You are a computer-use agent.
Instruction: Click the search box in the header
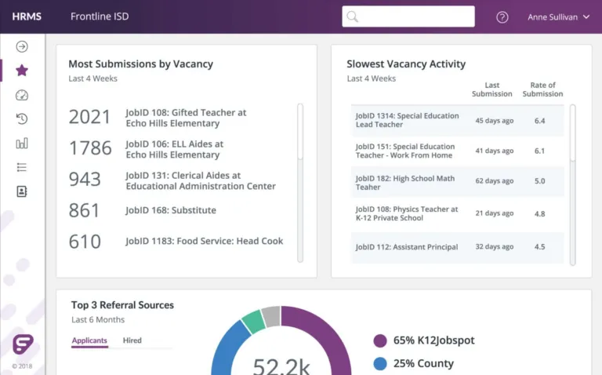408,16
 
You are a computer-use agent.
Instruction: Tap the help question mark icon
502,17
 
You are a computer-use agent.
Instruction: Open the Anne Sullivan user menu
558,17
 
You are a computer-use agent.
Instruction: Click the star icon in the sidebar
22,71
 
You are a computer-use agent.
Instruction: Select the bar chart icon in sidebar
22,143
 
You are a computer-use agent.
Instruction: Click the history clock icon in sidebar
22,119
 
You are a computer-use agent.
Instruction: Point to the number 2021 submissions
90,118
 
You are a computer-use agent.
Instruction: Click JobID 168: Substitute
171,210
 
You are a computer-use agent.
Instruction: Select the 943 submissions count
85,180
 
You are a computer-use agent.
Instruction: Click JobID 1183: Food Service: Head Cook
204,241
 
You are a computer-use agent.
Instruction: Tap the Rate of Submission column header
542,89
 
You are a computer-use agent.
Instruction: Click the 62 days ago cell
494,181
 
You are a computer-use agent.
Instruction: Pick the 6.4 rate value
539,121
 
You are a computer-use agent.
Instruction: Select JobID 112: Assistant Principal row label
406,247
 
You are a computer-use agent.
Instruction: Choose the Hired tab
132,340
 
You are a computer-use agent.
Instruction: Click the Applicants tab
89,340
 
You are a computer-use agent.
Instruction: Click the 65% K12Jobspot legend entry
424,340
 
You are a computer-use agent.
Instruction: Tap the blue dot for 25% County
380,364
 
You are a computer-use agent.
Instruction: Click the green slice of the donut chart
252,321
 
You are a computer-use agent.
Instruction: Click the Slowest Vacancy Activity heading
406,64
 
